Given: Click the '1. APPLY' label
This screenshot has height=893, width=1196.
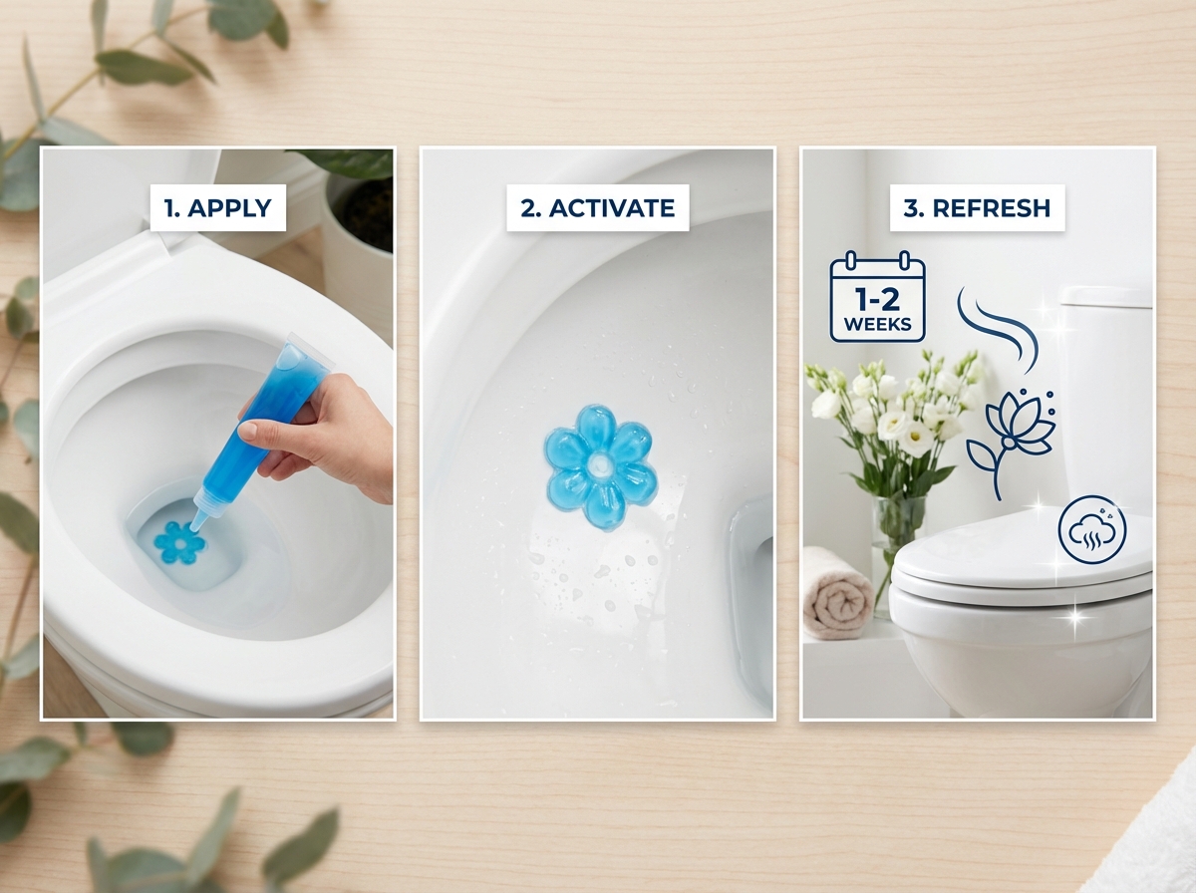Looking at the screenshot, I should click(217, 208).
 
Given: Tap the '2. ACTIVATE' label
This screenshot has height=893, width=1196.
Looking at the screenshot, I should click(597, 208).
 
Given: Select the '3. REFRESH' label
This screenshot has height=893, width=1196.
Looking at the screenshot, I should click(977, 208).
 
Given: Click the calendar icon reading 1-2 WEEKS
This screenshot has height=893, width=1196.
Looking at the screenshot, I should click(877, 297).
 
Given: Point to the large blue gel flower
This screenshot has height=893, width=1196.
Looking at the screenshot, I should click(600, 473).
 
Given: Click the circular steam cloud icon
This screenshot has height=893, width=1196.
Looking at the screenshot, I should click(1091, 530).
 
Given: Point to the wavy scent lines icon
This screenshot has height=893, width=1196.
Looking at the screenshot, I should click(997, 324).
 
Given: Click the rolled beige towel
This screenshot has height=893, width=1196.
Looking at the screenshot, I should click(835, 595).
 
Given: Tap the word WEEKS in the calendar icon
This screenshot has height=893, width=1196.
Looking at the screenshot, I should click(877, 324).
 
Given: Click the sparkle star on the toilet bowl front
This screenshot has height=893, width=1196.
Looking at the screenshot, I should click(1074, 618).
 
